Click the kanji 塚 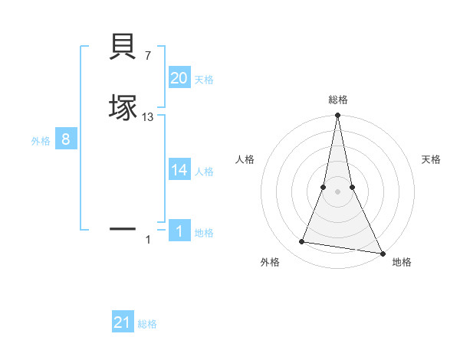tap(123, 106)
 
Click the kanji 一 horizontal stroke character tap(123, 227)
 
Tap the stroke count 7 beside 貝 tap(148, 56)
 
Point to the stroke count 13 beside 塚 tap(148, 116)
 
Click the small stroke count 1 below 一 tap(148, 240)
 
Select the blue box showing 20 tap(179, 78)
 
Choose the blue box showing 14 tap(179, 170)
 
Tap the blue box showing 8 tap(66, 139)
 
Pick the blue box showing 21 tap(123, 322)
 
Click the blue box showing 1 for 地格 tap(179, 231)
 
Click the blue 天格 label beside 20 tap(204, 80)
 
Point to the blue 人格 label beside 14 tap(204, 172)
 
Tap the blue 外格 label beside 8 tap(41, 141)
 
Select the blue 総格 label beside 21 tap(147, 324)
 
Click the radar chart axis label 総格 tap(337, 100)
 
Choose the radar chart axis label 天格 tap(432, 159)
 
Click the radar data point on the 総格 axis tap(337, 116)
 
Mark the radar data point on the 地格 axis tap(382, 252)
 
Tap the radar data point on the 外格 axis tap(302, 242)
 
